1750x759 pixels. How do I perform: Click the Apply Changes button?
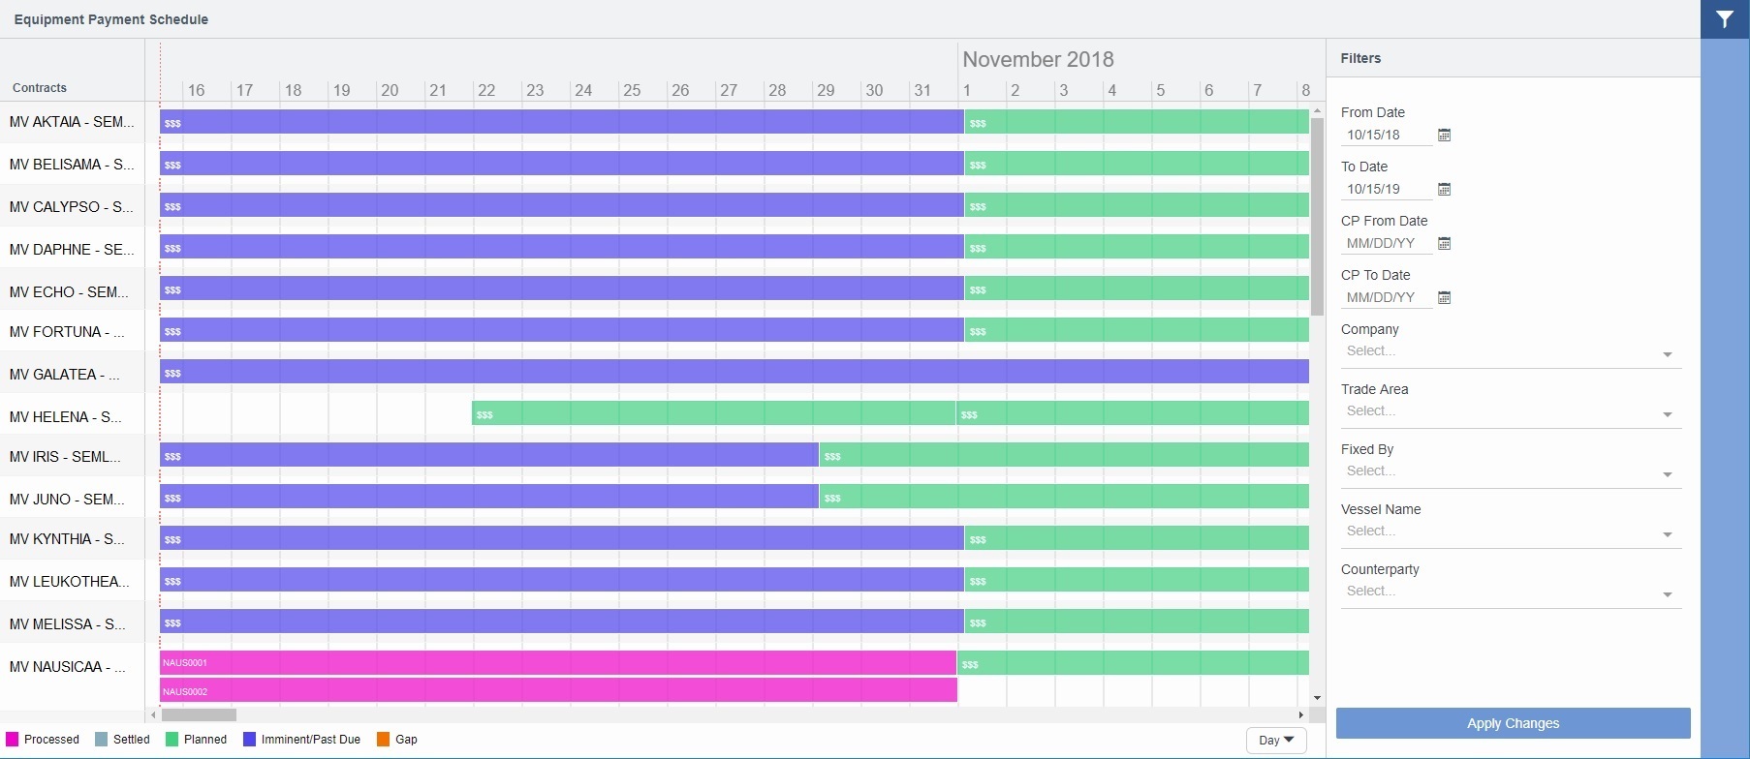[1513, 723]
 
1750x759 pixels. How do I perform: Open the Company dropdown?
[1511, 352]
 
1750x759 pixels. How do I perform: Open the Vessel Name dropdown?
[1511, 532]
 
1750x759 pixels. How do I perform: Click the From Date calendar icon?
[1444, 136]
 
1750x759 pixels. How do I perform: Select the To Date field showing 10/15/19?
[1386, 190]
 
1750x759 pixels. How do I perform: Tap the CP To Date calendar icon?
[1444, 298]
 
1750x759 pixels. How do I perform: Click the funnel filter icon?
[1725, 19]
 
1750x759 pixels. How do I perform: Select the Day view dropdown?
[1276, 741]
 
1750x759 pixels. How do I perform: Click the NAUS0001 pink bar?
[558, 663]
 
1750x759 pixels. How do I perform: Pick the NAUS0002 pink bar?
[558, 691]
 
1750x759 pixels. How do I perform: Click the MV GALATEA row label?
[65, 375]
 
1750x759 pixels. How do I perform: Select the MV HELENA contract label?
[66, 417]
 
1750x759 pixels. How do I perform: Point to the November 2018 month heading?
[1038, 59]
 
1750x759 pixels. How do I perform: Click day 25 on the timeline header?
[632, 90]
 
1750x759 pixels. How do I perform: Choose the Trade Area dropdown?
[1511, 412]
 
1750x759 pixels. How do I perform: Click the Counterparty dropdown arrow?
[1668, 594]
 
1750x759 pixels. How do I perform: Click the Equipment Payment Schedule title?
[111, 19]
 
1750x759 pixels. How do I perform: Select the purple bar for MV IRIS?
[489, 455]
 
